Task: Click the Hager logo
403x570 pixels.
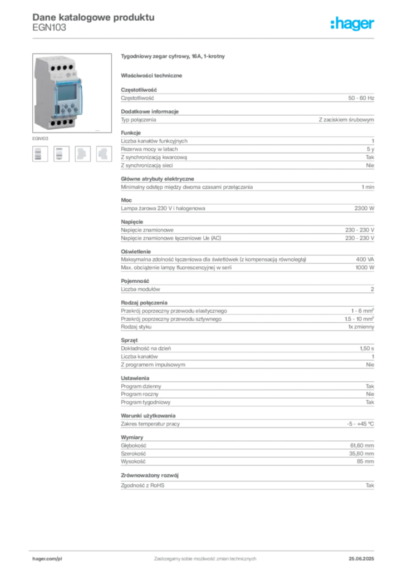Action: (352, 24)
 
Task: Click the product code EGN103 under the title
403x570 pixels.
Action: (49, 28)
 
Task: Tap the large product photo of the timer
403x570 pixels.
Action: (72, 93)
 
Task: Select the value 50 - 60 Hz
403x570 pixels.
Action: (361, 98)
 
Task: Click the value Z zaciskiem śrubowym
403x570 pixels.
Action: (346, 120)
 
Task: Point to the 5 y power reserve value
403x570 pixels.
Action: (370, 149)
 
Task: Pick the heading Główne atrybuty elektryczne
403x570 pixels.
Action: (158, 179)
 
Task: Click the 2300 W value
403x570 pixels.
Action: (364, 208)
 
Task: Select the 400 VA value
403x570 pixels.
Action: (365, 259)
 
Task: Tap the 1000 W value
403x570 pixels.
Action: (365, 268)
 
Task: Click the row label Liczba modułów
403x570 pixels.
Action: (140, 289)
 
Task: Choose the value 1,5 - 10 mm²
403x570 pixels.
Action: (359, 319)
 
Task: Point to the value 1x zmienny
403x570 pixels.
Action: (361, 327)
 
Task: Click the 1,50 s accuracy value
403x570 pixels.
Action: (367, 348)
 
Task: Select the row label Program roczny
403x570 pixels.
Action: (140, 394)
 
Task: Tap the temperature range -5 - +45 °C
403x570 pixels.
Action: (360, 424)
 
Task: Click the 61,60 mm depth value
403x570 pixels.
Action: (362, 446)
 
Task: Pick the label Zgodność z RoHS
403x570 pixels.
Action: (142, 485)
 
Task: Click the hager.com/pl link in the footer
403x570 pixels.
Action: (47, 559)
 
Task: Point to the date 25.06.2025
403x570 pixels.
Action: (361, 559)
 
